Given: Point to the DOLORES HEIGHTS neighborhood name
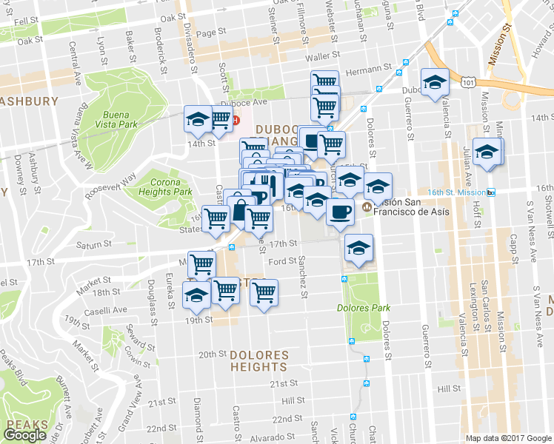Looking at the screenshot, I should tap(258, 360).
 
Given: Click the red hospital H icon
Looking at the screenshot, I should tap(236, 120).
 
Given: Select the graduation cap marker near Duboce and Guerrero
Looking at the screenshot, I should tap(435, 82).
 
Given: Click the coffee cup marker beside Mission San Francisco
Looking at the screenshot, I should tap(340, 212).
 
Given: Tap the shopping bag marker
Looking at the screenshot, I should tap(241, 211).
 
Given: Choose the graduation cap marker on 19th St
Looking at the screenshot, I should tap(197, 295).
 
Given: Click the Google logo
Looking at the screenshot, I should tap(25, 435).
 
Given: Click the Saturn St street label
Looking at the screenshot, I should tap(93, 243).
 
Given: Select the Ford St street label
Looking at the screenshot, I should tap(283, 260).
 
